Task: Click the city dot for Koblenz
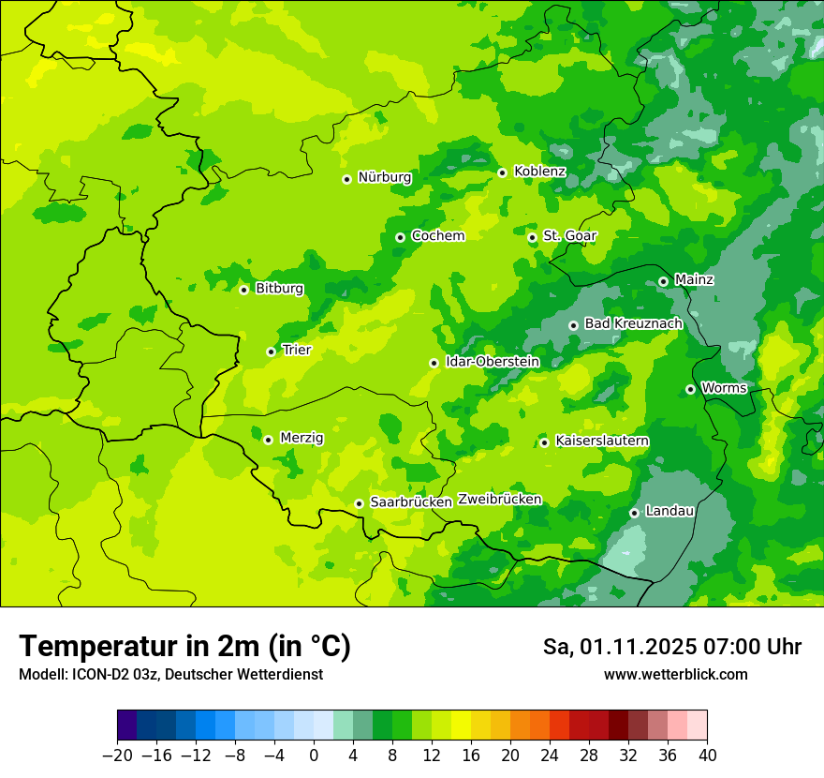tap(502, 172)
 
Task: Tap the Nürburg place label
tap(384, 177)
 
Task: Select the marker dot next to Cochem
tap(400, 237)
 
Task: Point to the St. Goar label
tap(569, 235)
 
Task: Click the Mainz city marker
tap(663, 281)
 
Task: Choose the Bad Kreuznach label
tap(633, 323)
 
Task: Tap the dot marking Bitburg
tap(243, 290)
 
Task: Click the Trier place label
tap(297, 350)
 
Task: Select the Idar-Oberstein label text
tap(493, 361)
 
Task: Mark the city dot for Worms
tap(690, 389)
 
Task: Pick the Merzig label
tap(302, 438)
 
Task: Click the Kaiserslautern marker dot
tap(544, 442)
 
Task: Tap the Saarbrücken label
tap(411, 502)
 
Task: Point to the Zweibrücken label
tap(500, 500)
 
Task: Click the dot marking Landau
tap(634, 513)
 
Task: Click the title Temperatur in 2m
tap(184, 647)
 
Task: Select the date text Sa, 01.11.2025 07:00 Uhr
tap(671, 648)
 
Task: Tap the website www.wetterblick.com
tap(675, 675)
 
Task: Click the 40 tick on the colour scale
tap(707, 756)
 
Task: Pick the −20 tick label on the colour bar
tap(117, 756)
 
